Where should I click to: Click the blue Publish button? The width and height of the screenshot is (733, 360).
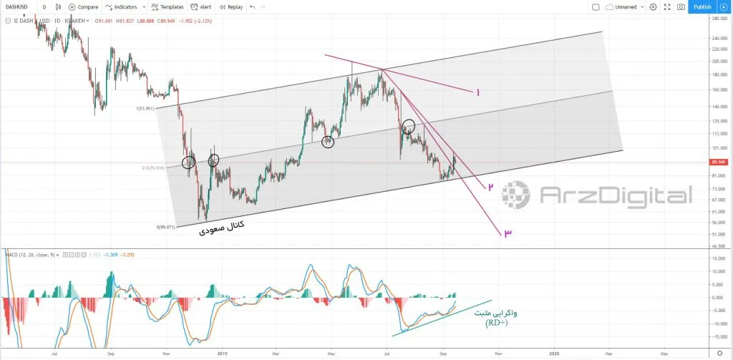point(702,6)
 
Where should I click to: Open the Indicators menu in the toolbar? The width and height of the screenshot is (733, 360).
point(125,6)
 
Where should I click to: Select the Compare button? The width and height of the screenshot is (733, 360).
point(84,6)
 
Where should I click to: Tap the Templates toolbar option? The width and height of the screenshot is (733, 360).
point(167,6)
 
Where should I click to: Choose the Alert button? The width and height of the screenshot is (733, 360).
point(201,6)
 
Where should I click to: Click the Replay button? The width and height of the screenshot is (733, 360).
point(230,6)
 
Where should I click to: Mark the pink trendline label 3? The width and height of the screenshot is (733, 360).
point(507,233)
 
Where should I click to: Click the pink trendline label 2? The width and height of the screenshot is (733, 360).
point(490,187)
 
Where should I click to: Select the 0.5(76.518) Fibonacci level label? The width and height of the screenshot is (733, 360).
point(154,168)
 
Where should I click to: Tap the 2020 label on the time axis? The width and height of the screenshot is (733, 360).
point(554,353)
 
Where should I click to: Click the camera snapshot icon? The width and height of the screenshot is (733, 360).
point(681,6)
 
